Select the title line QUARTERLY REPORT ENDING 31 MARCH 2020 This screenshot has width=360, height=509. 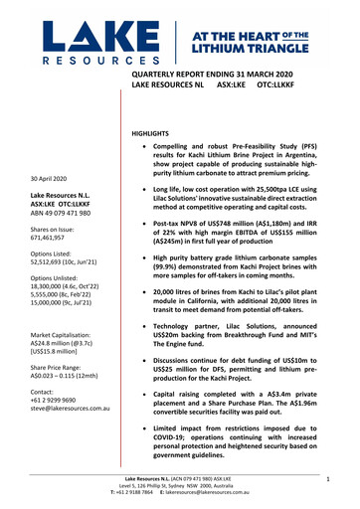pyautogui.click(x=216, y=75)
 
